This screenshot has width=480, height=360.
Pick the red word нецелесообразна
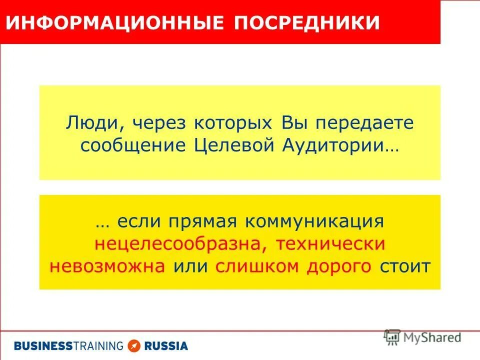[x=173, y=244]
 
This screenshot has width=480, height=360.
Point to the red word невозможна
[x=107, y=266]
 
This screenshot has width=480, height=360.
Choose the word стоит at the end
[x=404, y=266]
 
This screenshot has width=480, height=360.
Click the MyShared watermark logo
[x=422, y=337]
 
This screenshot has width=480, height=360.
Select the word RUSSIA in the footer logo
[x=166, y=345]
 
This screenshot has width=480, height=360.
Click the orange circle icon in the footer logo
[x=133, y=345]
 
